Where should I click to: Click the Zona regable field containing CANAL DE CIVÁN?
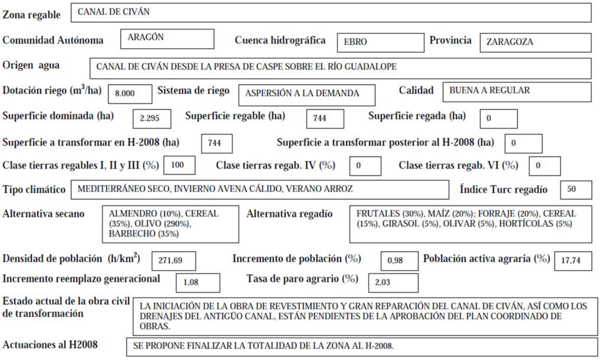330,12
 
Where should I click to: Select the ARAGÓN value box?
170,39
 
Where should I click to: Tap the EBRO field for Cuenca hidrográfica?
380,42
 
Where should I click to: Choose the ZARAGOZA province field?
535,42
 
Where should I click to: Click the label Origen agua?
31,65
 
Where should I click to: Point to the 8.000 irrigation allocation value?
126,93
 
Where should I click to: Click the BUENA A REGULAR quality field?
516,92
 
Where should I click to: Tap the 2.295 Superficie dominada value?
152,118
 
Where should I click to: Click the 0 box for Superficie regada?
498,118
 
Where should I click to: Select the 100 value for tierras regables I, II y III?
180,165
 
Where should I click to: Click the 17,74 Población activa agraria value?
573,261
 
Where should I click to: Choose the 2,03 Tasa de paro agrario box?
393,282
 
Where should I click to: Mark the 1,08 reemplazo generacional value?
198,282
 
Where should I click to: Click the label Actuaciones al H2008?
50,345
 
